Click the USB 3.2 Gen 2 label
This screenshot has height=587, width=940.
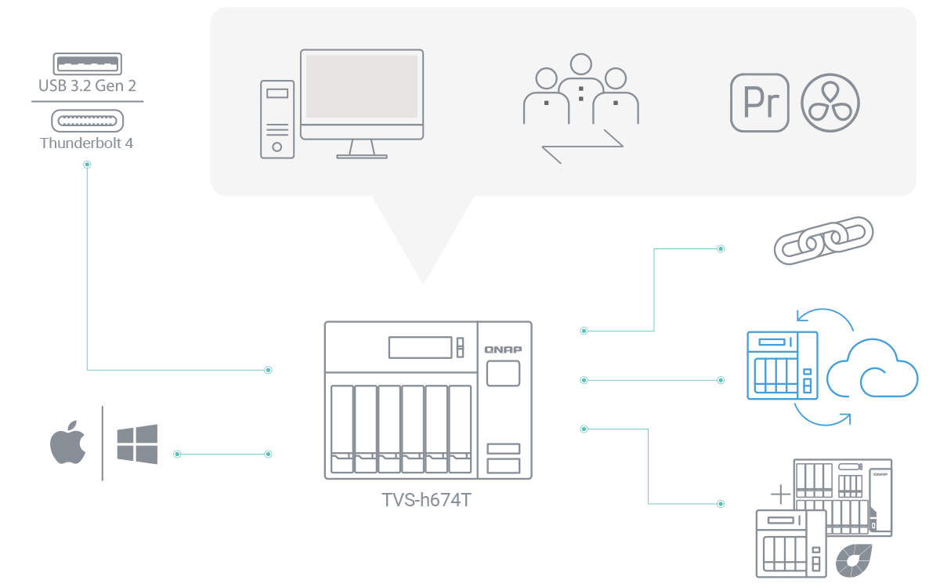pyautogui.click(x=87, y=85)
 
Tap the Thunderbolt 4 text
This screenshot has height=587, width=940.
pyautogui.click(x=87, y=143)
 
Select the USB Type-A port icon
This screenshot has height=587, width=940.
pyautogui.click(x=87, y=63)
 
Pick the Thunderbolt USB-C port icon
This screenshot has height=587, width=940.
pyautogui.click(x=87, y=120)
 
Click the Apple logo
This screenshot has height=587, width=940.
pyautogui.click(x=68, y=444)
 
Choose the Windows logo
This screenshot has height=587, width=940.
pyautogui.click(x=136, y=444)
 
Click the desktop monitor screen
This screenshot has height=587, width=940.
pyautogui.click(x=362, y=86)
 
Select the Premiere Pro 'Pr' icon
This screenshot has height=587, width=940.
pyautogui.click(x=759, y=103)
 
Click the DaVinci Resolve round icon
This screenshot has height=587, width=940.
pyautogui.click(x=830, y=103)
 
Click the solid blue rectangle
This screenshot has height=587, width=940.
pyautogui.click(x=833, y=367)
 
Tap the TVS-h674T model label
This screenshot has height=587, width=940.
pyautogui.click(x=428, y=500)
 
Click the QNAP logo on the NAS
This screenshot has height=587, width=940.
pyautogui.click(x=503, y=349)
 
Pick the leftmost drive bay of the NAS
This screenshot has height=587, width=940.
pyautogui.click(x=342, y=429)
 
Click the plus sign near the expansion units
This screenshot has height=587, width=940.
pyautogui.click(x=780, y=494)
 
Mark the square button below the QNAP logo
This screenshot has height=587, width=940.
pyautogui.click(x=503, y=373)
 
